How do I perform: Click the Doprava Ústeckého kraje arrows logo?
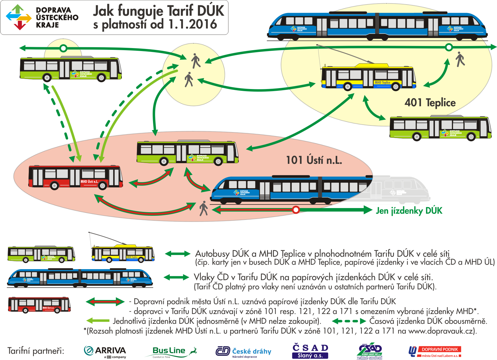tap(18, 17)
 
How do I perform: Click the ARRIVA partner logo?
tap(105, 352)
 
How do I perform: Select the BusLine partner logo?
tap(171, 352)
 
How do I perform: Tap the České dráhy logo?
tap(243, 352)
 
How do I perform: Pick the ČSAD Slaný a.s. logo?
tap(310, 351)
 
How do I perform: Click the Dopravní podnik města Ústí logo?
tap(435, 352)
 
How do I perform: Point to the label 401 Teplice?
tap(430, 103)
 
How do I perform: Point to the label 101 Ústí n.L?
tap(314, 160)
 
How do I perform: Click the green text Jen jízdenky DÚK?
tap(409, 211)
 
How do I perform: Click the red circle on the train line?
tap(296, 210)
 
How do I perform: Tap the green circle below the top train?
tap(449, 47)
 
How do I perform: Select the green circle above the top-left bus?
tap(63, 48)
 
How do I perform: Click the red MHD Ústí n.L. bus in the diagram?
tap(75, 177)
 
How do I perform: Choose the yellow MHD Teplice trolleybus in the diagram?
tap(368, 77)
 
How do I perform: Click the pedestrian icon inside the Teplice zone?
tap(460, 59)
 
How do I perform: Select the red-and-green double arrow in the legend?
tap(105, 302)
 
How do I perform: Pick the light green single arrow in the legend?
tap(98, 321)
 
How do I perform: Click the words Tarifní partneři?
tap(36, 351)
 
